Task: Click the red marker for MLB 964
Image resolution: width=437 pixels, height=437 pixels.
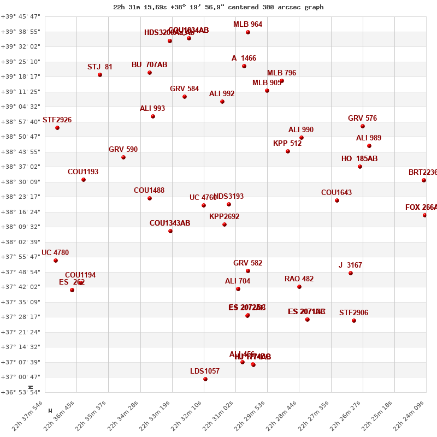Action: point(248,32)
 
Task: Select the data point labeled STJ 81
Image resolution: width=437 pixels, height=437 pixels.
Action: point(100,75)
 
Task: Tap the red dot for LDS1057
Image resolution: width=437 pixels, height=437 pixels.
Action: point(205,379)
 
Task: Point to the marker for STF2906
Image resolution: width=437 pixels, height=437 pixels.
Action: point(354,321)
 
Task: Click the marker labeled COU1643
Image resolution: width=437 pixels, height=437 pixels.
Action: point(337,200)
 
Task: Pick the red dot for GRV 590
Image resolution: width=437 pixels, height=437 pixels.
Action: point(123,157)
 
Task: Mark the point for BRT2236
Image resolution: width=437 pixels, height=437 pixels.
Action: point(424,180)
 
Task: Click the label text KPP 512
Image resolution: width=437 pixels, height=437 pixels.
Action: point(287,144)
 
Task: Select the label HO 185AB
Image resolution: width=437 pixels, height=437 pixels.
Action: point(359,159)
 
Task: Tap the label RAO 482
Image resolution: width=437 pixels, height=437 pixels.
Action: point(299,279)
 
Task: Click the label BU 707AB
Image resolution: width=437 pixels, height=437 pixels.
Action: point(149,65)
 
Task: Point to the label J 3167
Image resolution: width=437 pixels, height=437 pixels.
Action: point(350,265)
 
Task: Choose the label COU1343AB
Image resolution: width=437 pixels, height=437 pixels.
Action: point(170,223)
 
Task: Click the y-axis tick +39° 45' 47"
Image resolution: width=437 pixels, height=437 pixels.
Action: point(21,16)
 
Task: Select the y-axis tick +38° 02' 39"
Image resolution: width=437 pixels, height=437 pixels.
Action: point(21,241)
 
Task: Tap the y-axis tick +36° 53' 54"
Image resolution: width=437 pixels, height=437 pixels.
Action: point(21,392)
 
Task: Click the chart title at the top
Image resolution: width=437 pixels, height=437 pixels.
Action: point(218,7)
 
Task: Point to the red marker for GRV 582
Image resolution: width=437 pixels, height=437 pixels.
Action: point(248,271)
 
